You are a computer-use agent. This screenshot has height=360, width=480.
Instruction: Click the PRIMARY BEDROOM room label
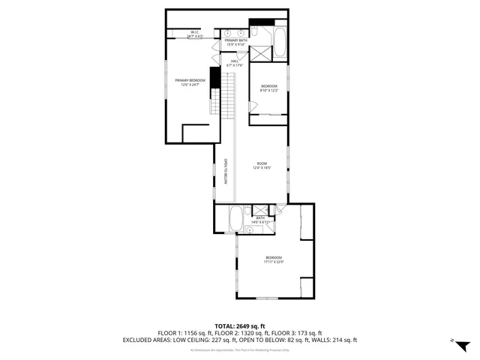click(x=190, y=80)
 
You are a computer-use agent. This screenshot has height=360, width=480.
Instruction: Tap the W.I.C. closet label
click(x=194, y=31)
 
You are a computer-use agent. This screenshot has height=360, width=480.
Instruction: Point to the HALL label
click(x=235, y=61)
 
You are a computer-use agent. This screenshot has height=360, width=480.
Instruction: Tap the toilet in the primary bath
click(x=255, y=32)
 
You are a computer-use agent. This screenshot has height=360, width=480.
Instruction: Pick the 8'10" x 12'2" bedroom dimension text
click(x=269, y=91)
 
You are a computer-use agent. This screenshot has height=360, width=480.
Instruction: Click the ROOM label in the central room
click(x=262, y=163)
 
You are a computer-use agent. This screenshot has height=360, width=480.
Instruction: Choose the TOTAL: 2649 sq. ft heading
click(x=240, y=326)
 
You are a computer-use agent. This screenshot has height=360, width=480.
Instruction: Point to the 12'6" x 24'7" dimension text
click(x=190, y=85)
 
